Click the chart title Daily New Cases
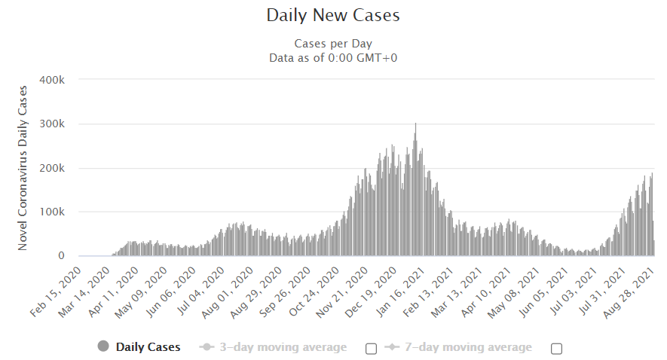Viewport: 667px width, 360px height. [x=333, y=15]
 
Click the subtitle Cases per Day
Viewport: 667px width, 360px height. [x=333, y=44]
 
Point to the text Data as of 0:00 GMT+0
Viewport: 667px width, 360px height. [x=333, y=56]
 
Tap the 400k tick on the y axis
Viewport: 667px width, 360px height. [x=57, y=80]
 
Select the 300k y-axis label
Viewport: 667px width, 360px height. [x=57, y=124]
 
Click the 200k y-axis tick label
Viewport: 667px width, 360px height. [x=57, y=168]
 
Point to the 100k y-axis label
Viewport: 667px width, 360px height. [x=57, y=212]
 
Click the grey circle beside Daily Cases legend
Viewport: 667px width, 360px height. [x=103, y=346]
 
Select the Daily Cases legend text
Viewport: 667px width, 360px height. [x=148, y=347]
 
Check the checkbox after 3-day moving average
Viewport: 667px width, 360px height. [x=371, y=348]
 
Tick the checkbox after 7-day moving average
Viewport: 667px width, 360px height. [x=557, y=348]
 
